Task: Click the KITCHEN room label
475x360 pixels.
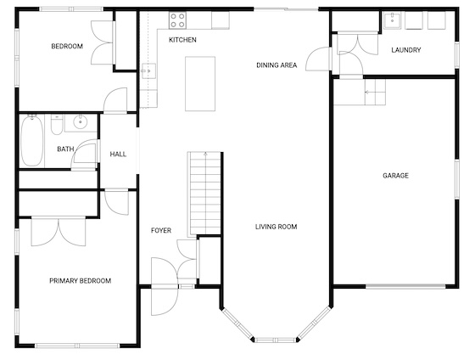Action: point(182,40)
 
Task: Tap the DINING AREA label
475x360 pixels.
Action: point(277,65)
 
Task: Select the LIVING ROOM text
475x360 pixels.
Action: point(276,227)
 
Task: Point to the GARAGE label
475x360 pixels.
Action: point(395,176)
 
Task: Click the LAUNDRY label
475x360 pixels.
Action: point(406,50)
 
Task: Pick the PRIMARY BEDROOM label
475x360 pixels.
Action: point(81,281)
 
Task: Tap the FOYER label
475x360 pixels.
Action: point(161,230)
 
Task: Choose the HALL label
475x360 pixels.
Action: point(118,155)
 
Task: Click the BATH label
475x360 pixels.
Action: point(65,149)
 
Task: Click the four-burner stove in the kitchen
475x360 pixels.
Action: point(178,20)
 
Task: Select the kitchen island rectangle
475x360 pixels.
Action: point(200,84)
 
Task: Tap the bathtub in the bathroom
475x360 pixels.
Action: point(32,140)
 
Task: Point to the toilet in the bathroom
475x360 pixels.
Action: point(57,124)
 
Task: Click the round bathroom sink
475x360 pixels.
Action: point(81,122)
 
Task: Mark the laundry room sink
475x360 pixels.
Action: point(392,20)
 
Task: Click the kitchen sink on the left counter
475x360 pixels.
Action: point(148,71)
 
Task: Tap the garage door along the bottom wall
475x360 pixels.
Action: point(405,286)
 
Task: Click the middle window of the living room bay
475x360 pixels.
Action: point(276,340)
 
